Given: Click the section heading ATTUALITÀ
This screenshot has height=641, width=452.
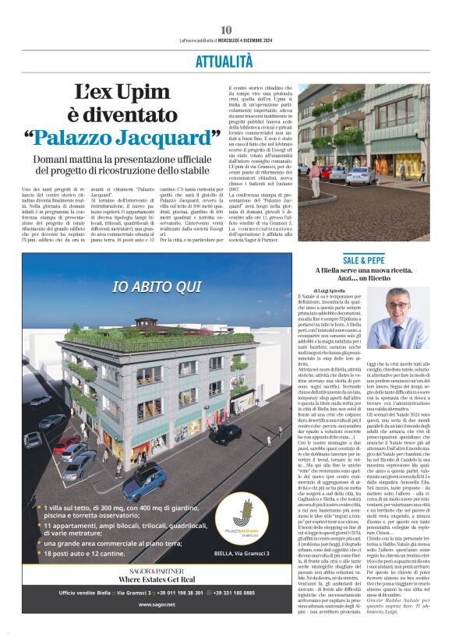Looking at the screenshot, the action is (x=225, y=60).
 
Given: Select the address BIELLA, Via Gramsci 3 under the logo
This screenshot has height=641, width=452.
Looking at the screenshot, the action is (x=242, y=554).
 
